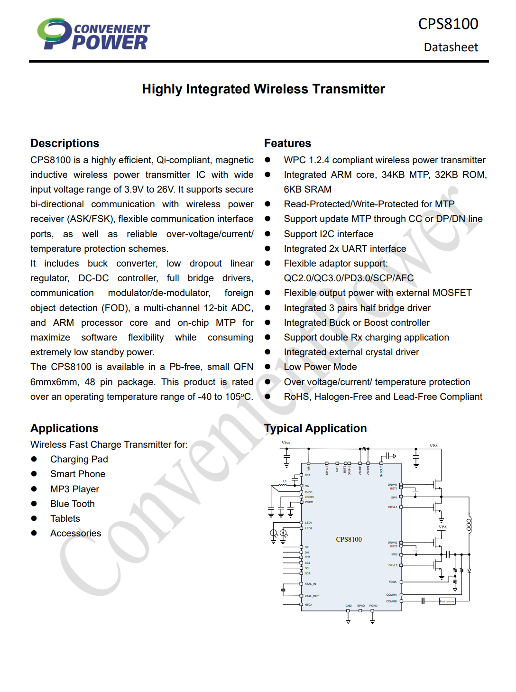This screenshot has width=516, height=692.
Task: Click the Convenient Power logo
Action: coord(93,34)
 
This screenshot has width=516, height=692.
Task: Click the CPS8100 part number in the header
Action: coord(448,24)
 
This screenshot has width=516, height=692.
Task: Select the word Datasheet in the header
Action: coord(451,47)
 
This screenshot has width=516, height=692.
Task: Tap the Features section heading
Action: coord(287,143)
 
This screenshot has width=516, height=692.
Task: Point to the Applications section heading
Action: coord(64,428)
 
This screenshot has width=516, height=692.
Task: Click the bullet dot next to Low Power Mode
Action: coord(267,367)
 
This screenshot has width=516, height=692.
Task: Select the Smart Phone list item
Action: coord(78,474)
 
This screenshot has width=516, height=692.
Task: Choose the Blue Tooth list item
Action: coord(73,504)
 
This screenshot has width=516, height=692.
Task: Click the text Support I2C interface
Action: coord(328,234)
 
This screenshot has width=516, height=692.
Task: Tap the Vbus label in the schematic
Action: coord(286,443)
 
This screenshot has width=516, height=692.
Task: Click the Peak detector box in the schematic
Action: coord(447,601)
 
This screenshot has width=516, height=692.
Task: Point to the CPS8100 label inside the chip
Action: coord(349,539)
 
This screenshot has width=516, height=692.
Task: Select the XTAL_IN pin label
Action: coord(310,584)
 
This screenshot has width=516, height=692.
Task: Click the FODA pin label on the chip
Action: coord(392,582)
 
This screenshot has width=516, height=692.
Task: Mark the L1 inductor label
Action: coord(285,481)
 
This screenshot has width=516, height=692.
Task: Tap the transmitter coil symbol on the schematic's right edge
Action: coord(469,525)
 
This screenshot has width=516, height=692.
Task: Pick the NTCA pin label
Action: coord(308,605)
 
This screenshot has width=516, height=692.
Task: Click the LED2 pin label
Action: coord(308,528)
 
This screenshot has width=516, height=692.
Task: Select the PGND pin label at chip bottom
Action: coord(373,606)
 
